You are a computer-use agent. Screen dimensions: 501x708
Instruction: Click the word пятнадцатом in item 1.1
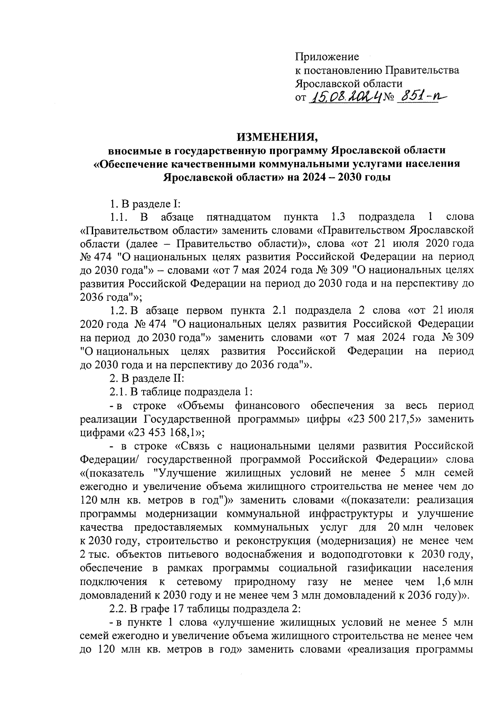click(238, 217)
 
